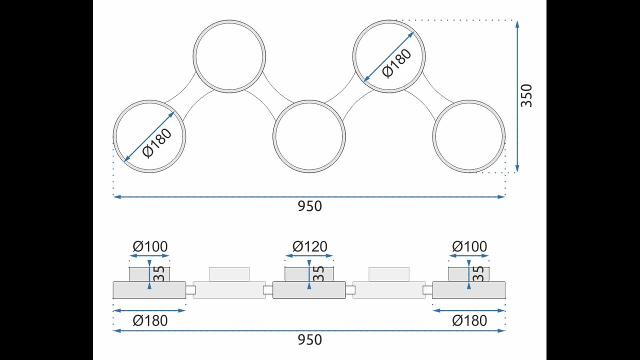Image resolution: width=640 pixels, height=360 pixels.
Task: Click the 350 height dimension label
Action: pos(526,95)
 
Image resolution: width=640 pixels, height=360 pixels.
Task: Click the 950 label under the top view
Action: pos(309,206)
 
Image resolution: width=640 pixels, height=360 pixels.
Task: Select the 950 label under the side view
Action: pos(309,339)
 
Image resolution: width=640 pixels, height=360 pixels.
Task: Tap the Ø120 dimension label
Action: pos(309,246)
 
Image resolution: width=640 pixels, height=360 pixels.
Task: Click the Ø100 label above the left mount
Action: pos(150,246)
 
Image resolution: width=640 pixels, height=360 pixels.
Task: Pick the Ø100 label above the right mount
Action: pos(469,246)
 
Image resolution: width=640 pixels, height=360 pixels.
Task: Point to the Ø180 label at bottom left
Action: pos(150,320)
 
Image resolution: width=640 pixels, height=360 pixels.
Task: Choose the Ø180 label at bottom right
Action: pos(469,320)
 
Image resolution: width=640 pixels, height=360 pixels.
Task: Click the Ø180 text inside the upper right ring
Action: pos(397,63)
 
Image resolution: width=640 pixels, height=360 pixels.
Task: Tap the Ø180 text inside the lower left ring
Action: pos(157,143)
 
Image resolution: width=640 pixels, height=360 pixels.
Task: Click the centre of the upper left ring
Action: pos(229,56)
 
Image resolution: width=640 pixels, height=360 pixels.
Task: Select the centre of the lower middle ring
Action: pos(309,136)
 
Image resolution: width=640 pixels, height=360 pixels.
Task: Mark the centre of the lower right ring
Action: pos(469,136)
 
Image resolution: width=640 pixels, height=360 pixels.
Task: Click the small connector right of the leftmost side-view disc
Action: pos(190,290)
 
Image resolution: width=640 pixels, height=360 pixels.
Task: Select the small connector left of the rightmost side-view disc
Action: pos(427,290)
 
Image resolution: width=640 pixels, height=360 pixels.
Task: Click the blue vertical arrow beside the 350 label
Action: pos(517,96)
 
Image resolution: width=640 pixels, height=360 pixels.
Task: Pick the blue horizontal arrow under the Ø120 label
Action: pos(309,255)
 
